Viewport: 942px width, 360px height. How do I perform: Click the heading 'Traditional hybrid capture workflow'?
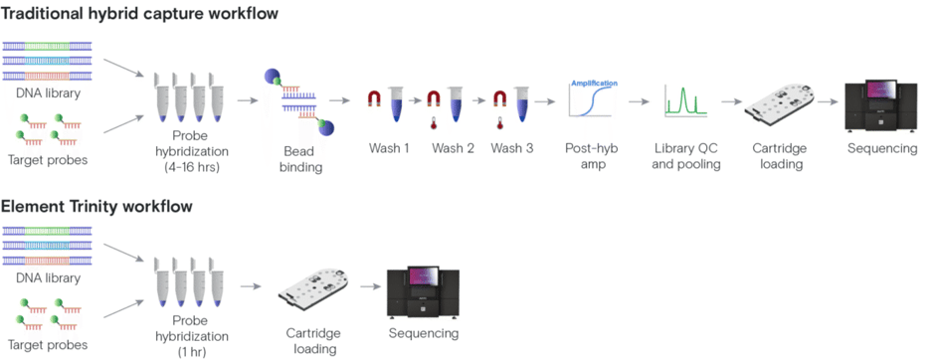[139, 13]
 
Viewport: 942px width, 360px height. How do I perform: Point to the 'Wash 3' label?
[512, 148]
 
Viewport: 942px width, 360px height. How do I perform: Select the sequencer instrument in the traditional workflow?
[880, 100]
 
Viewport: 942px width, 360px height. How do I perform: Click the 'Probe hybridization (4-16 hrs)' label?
[189, 156]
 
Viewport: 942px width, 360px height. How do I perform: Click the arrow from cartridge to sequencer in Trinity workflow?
[369, 287]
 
